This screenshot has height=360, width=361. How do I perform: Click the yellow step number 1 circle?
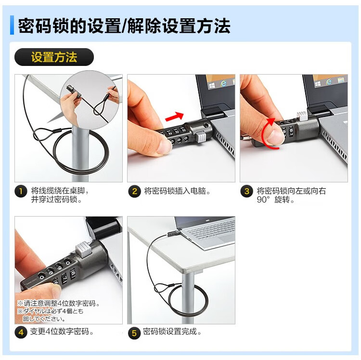click(x=21, y=191)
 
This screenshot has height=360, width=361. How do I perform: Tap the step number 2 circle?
click(x=134, y=191)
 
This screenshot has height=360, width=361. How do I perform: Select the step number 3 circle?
click(x=246, y=191)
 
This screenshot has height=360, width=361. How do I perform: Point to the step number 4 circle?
click(x=21, y=332)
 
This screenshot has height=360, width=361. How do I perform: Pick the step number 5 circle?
click(x=134, y=333)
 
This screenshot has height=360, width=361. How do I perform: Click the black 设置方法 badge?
click(x=54, y=57)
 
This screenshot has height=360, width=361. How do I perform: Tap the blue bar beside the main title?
click(x=12, y=25)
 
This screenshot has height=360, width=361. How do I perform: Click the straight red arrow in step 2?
click(x=175, y=116)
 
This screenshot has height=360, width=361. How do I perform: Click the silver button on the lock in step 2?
click(x=201, y=137)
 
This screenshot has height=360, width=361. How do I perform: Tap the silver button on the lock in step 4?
click(x=84, y=249)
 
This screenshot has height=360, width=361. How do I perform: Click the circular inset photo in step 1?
click(x=90, y=100)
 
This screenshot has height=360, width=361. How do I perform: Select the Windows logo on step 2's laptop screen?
click(x=212, y=86)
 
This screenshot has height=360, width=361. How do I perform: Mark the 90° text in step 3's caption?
click(x=263, y=200)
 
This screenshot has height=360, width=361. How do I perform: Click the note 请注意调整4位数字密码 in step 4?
click(x=60, y=303)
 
